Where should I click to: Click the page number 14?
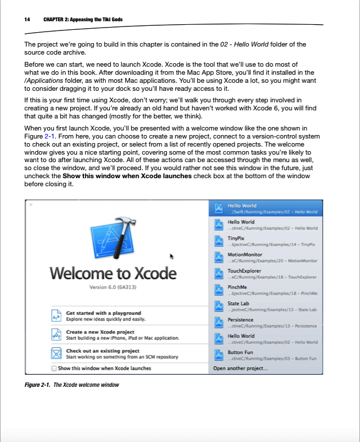click(x=27, y=20)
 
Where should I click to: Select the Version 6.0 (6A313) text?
click(x=113, y=287)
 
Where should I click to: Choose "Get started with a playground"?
click(x=104, y=313)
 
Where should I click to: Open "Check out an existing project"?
click(x=103, y=351)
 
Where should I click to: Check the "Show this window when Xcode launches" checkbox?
click(x=55, y=368)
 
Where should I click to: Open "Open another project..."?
click(x=240, y=368)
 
